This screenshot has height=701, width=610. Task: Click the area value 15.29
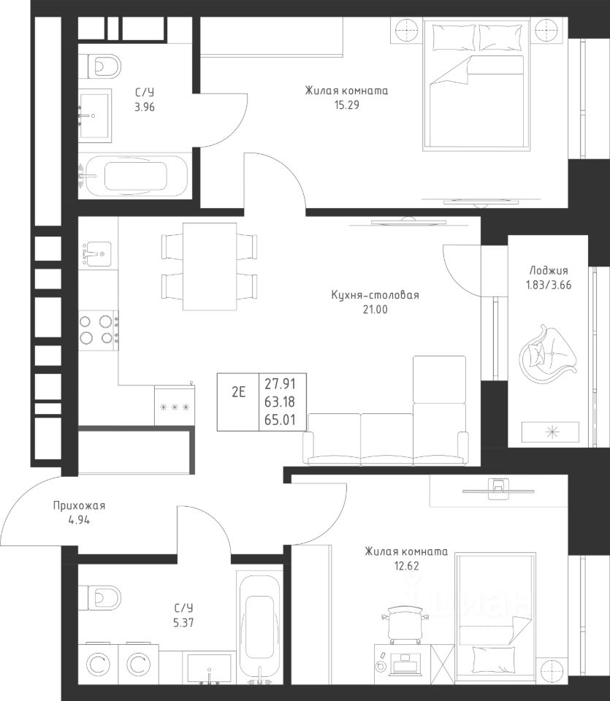click(346, 105)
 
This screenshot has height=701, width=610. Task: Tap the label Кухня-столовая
click(375, 295)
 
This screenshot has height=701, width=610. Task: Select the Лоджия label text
click(549, 270)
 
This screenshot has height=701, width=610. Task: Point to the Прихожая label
click(79, 505)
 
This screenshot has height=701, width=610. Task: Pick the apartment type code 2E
click(238, 392)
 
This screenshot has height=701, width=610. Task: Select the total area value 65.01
click(280, 420)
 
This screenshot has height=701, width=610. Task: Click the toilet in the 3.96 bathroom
click(100, 66)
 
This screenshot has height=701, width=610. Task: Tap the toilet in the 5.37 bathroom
click(100, 598)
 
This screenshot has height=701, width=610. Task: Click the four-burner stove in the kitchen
click(99, 330)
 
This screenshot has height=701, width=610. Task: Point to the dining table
click(209, 267)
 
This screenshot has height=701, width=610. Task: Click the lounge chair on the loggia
click(548, 353)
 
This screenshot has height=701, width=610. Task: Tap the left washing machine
click(98, 665)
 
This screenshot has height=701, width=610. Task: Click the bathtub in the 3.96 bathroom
click(133, 176)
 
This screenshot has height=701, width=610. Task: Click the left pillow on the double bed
click(454, 38)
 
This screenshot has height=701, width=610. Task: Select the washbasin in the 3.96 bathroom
click(94, 116)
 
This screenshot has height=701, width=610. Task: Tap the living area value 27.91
click(280, 383)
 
